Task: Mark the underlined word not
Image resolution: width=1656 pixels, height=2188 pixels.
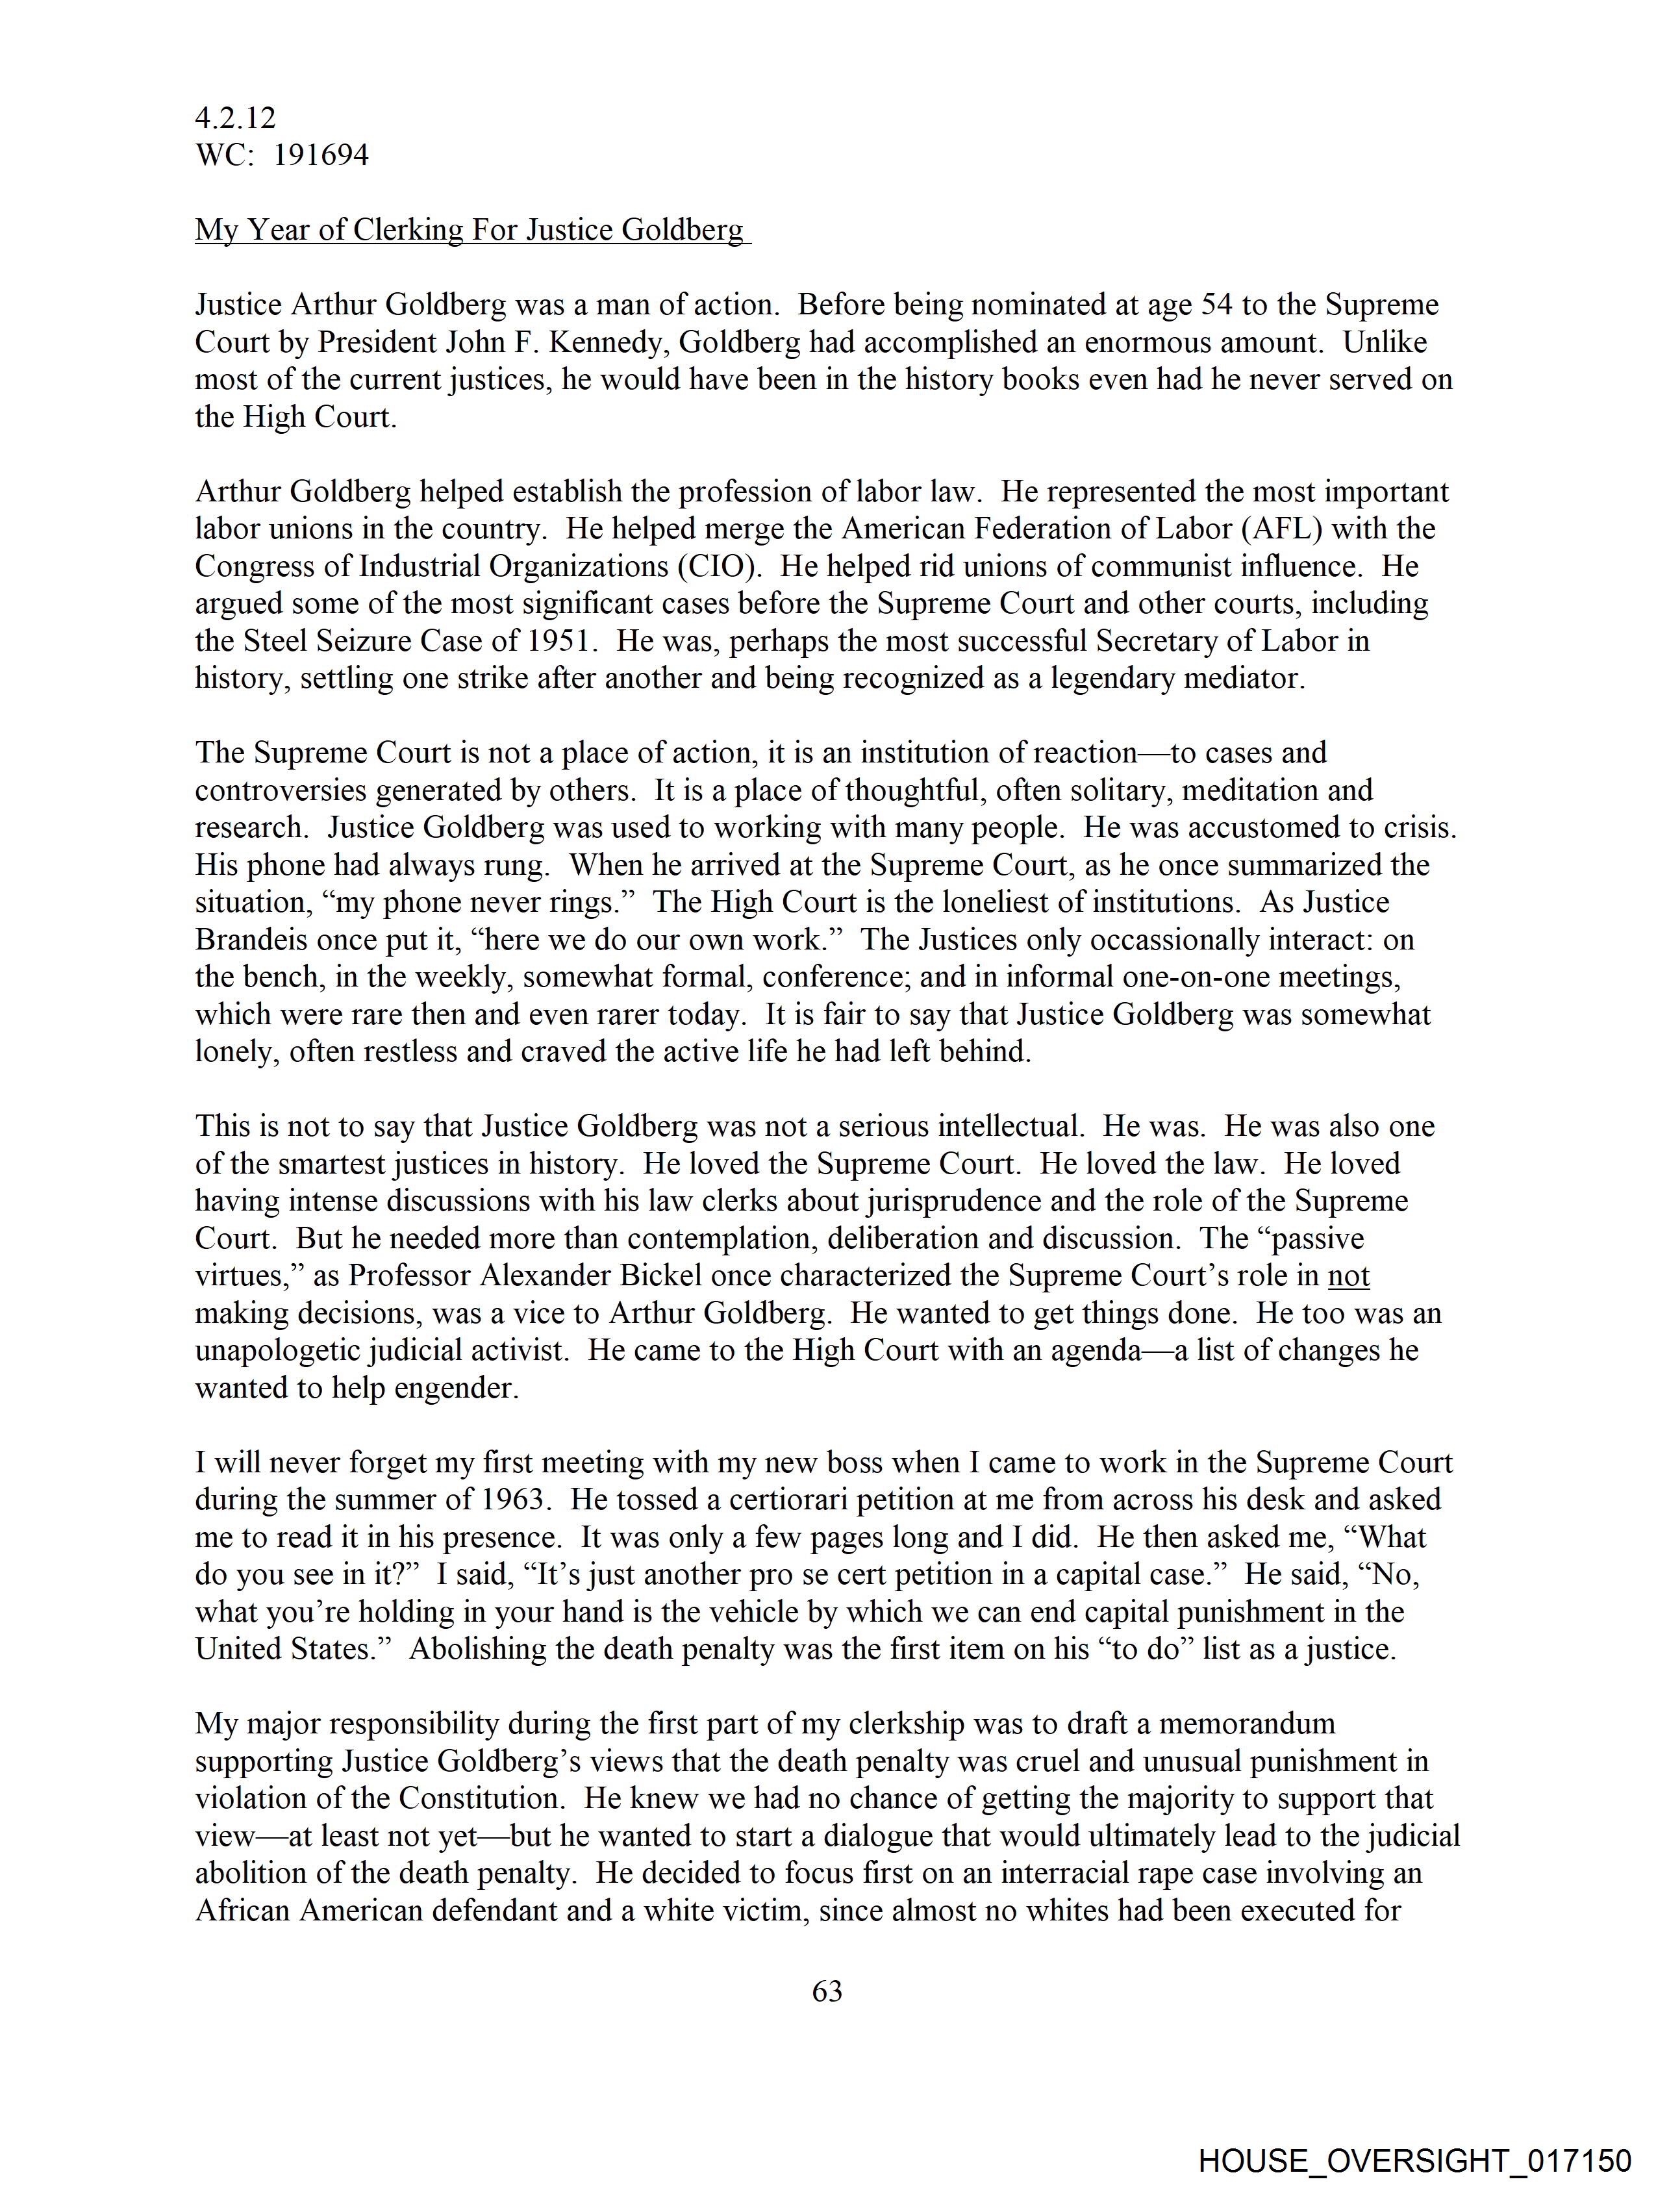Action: click(1348, 1276)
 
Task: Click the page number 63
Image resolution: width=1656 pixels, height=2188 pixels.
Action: click(827, 1990)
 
